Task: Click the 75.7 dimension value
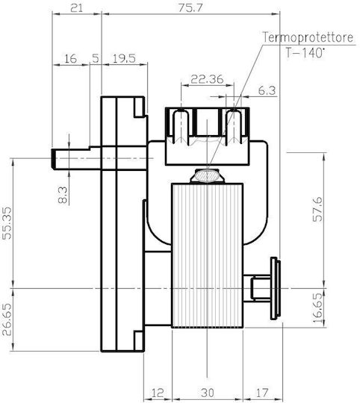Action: click(x=190, y=8)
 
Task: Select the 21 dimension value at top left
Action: click(x=77, y=8)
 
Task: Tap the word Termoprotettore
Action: click(x=308, y=37)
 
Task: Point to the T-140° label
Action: click(x=305, y=53)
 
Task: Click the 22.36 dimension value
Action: click(x=207, y=79)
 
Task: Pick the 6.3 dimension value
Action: click(x=267, y=91)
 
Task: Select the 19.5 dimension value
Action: click(x=124, y=59)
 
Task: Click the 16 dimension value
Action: click(x=70, y=59)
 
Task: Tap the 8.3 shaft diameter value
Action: click(x=63, y=195)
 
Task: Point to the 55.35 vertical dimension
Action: click(x=7, y=223)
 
